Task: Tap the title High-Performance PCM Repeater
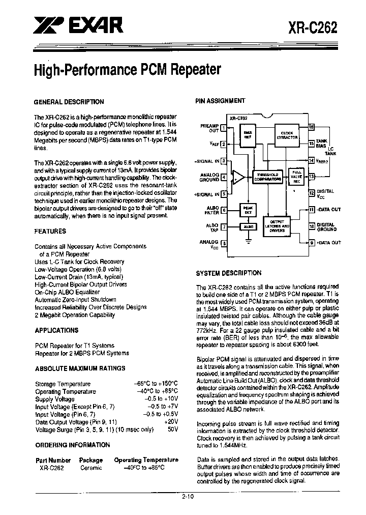tap(127, 69)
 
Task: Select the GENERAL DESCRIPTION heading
tap(69, 102)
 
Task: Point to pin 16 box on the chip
tap(312, 127)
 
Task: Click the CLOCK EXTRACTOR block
tap(287, 135)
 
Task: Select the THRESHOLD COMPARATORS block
tap(267, 177)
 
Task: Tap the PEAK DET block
tap(249, 209)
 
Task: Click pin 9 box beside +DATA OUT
tap(312, 243)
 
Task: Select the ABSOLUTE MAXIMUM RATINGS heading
tap(80, 368)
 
